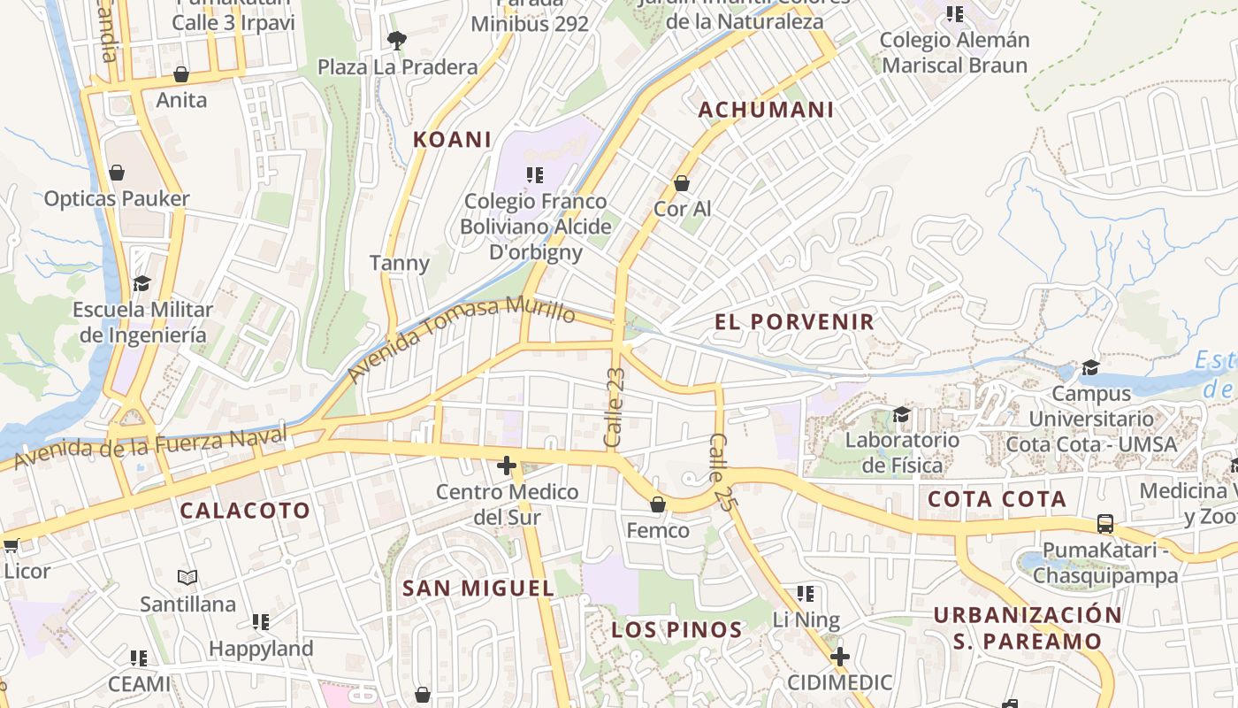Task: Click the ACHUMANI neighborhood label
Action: [766, 110]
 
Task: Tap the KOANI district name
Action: [452, 140]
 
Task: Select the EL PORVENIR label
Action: [794, 322]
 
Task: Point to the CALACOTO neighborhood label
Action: [245, 511]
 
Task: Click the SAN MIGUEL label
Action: [478, 589]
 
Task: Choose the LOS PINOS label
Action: [676, 630]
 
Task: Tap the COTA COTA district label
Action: [997, 499]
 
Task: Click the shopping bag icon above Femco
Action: [657, 504]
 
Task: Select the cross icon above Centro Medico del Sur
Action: [507, 465]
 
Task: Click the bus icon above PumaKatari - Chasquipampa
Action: [1105, 523]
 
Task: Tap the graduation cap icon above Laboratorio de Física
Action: [901, 414]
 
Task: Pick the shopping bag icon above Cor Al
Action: [682, 183]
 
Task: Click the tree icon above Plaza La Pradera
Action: [396, 39]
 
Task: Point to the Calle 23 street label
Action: [615, 407]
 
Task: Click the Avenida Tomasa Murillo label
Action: [460, 338]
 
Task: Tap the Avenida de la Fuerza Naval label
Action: [150, 447]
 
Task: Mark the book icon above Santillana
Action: [187, 578]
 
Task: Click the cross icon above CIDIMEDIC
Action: [840, 657]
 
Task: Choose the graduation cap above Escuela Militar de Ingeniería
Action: [141, 283]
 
